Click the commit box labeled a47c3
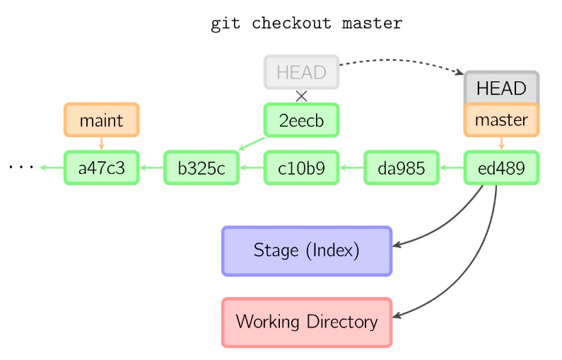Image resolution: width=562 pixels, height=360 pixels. (101, 168)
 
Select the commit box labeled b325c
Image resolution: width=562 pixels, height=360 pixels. (201, 168)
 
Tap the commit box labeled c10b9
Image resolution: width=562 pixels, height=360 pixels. (302, 168)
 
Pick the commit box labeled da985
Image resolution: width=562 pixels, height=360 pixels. (402, 168)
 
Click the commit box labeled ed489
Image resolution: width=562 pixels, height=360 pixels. (501, 168)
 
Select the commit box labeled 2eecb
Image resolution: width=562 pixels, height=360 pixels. (302, 120)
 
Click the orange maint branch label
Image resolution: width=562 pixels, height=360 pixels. (101, 120)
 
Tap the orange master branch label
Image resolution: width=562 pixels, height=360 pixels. (501, 120)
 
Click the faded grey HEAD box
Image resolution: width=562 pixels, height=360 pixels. (302, 72)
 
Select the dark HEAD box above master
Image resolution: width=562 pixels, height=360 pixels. (501, 88)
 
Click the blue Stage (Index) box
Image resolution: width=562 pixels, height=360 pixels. (307, 250)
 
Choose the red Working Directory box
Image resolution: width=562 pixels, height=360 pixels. (307, 323)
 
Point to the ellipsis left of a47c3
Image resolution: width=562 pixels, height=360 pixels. (21, 168)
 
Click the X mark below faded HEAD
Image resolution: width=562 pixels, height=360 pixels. (302, 96)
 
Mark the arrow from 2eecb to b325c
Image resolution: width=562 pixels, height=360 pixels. (252, 144)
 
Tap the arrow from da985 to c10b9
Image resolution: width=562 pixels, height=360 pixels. (351, 168)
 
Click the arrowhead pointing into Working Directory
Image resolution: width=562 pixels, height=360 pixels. (397, 317)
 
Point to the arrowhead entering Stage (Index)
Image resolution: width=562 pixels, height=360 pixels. (397, 245)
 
